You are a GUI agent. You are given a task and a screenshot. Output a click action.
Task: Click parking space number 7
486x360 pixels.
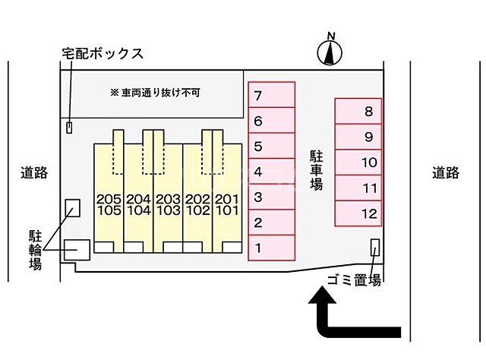(x=271, y=96)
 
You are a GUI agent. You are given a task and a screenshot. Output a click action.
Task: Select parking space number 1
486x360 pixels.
(x=271, y=247)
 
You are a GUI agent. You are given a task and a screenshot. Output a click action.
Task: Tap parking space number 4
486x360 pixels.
(x=271, y=172)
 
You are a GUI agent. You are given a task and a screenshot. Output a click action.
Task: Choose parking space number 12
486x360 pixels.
(x=358, y=213)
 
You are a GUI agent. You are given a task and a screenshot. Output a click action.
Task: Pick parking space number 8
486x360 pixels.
(x=358, y=112)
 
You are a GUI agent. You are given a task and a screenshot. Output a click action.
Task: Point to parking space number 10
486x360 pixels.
(x=358, y=163)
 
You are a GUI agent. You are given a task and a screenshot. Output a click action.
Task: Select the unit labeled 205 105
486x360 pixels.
(x=109, y=204)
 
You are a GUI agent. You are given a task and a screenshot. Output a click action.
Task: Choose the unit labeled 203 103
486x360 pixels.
(x=168, y=204)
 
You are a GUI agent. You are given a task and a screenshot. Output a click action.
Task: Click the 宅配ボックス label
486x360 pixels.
(x=103, y=54)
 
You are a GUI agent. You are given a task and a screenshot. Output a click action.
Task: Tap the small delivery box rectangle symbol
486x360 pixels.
(x=70, y=128)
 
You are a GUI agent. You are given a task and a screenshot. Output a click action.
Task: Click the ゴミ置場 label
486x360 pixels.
(x=354, y=279)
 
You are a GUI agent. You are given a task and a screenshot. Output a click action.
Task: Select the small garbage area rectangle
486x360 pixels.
(x=374, y=248)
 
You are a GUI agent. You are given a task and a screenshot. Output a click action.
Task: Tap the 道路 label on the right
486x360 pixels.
(x=446, y=173)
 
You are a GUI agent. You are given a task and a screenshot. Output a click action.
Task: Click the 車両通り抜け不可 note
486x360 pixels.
(x=160, y=93)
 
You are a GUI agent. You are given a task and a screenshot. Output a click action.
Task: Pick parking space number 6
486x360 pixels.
(x=271, y=121)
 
